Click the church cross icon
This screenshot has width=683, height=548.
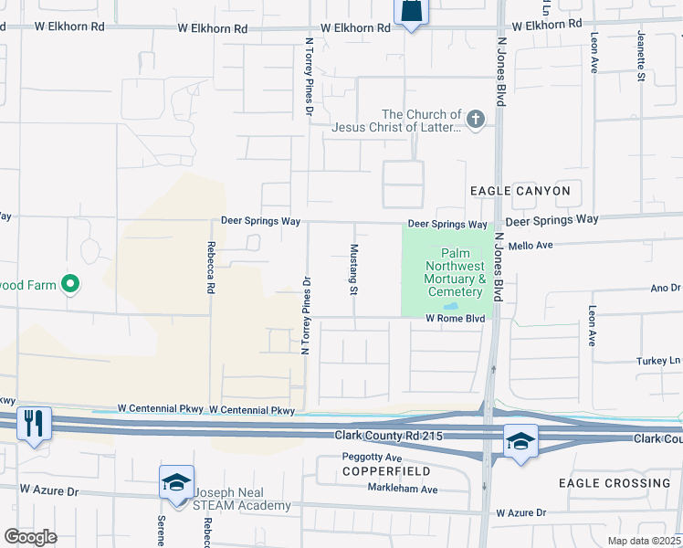click(475, 120)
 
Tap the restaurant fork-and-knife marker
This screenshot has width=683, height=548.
click(35, 423)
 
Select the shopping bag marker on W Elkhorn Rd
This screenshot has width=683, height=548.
click(411, 12)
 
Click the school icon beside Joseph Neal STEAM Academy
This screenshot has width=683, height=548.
click(175, 482)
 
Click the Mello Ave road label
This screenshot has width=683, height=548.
click(531, 246)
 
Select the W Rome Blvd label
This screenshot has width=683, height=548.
click(455, 319)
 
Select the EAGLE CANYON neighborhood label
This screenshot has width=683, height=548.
click(520, 191)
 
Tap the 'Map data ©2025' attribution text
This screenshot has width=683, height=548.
click(644, 541)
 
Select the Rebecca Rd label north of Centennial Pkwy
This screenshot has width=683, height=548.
click(211, 267)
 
